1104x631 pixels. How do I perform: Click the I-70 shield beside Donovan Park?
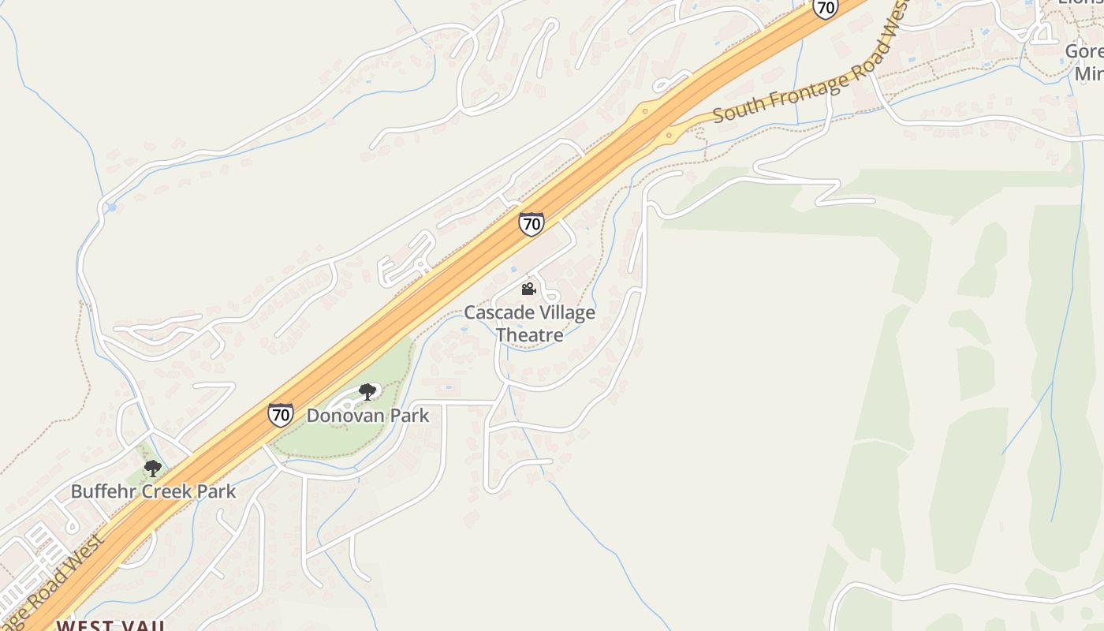[281, 414]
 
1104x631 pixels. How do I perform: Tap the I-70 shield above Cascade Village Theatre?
[531, 224]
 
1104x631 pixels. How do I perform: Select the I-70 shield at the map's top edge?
[825, 8]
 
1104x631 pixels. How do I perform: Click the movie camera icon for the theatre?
[528, 289]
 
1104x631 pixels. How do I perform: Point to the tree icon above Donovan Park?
[367, 391]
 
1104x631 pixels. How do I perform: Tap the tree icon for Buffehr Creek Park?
[153, 469]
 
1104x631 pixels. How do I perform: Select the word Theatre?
[529, 334]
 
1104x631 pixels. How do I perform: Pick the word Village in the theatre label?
[564, 312]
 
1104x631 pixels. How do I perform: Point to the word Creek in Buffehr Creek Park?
[162, 491]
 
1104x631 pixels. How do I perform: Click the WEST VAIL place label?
[110, 625]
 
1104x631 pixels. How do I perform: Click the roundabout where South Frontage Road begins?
[669, 136]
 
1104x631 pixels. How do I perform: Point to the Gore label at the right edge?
[1083, 51]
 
